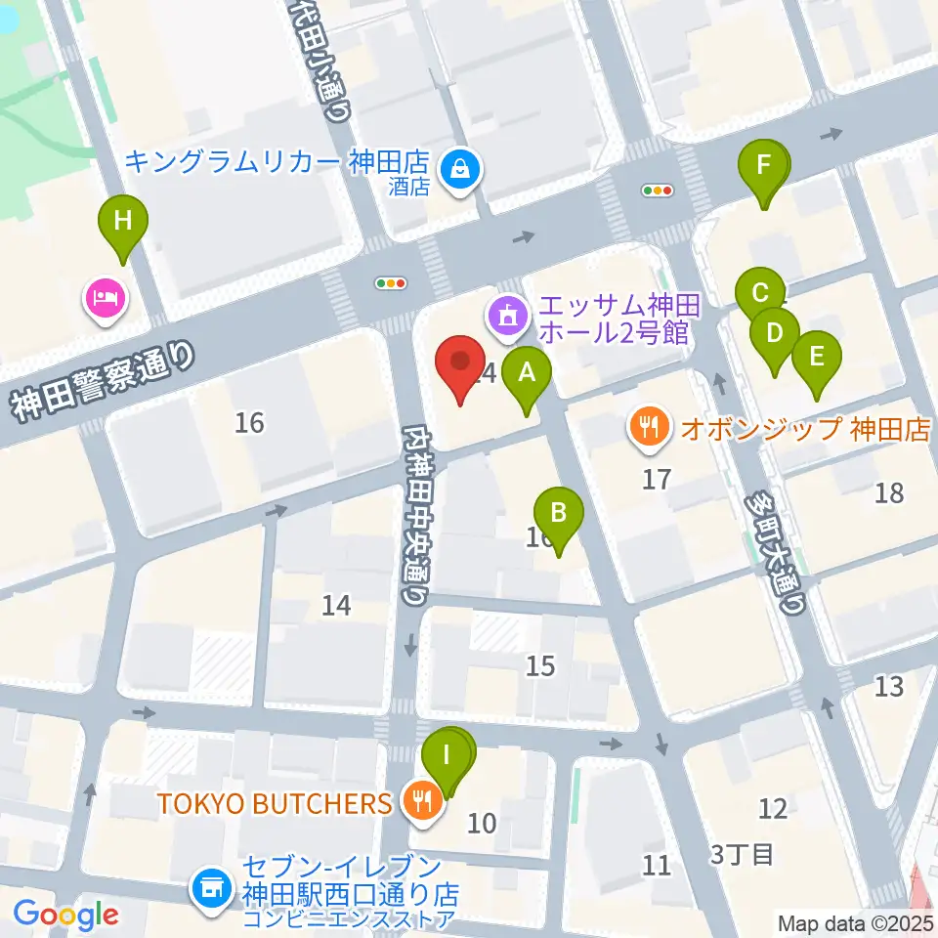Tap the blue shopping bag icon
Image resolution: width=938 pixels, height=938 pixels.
(458, 169)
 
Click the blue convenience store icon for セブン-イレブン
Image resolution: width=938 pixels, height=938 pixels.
(212, 889)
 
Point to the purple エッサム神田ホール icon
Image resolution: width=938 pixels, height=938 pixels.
(507, 318)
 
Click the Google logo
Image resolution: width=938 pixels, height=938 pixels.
(65, 915)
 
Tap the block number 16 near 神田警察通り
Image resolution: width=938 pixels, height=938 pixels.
(250, 422)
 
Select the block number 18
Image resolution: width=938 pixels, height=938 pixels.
(889, 493)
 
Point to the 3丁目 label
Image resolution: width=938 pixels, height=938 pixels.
(743, 855)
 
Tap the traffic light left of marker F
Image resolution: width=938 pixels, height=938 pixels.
(657, 192)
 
